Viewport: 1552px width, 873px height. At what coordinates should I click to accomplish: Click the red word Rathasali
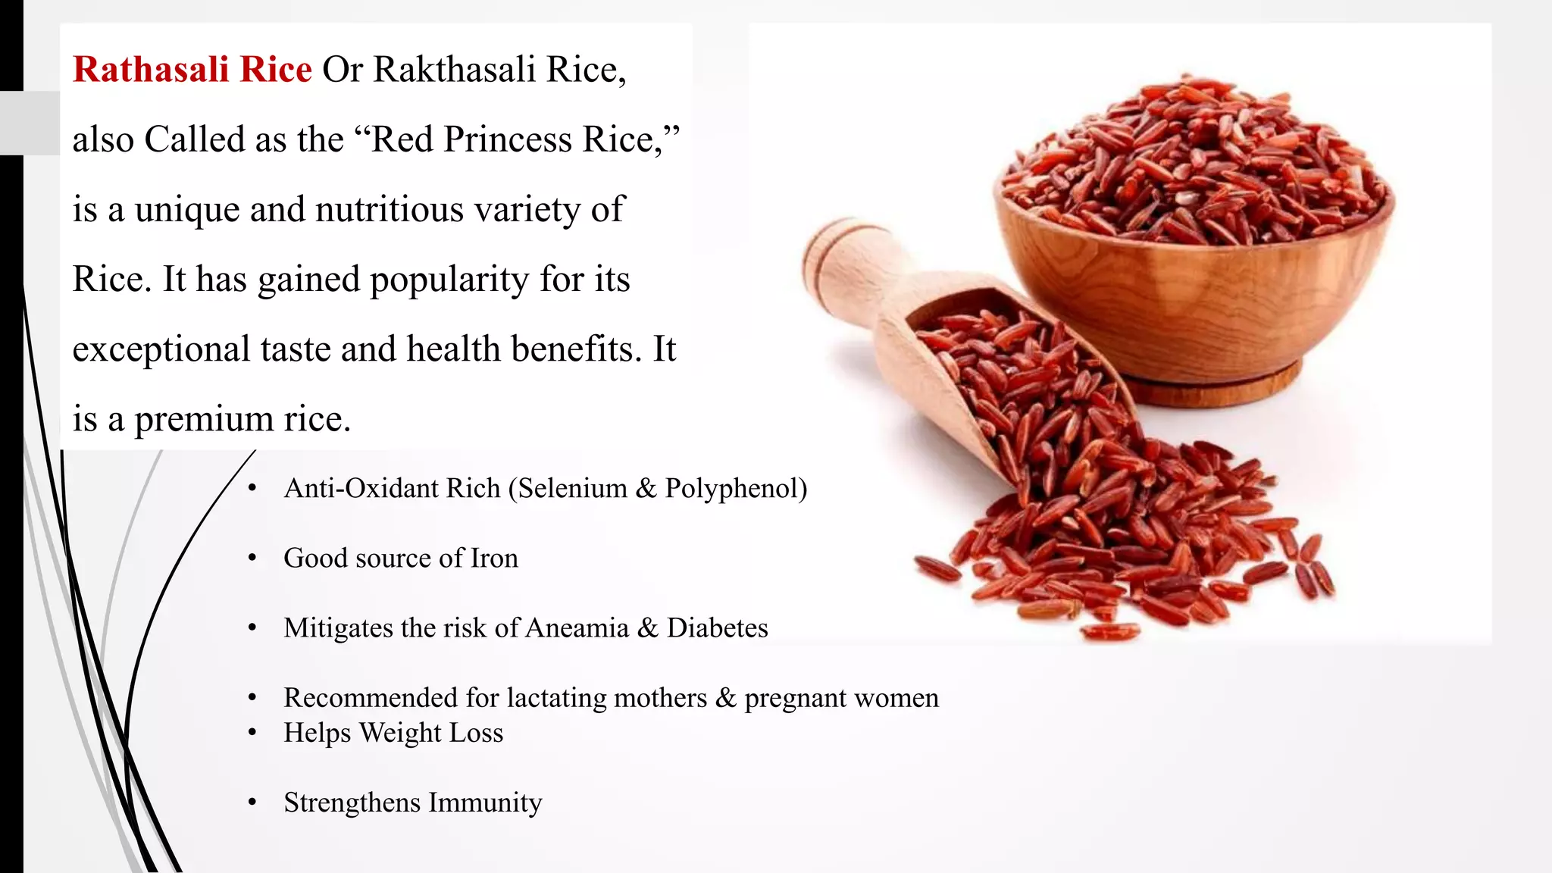point(151,70)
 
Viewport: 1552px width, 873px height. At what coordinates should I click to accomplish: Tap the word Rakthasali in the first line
point(455,70)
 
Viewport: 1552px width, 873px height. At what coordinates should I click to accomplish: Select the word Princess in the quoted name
point(507,139)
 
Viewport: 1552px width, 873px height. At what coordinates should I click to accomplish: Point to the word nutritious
point(389,210)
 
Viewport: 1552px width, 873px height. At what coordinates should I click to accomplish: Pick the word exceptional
point(161,349)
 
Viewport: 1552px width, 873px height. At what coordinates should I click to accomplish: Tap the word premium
point(205,419)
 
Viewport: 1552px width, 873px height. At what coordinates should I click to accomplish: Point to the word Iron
point(494,559)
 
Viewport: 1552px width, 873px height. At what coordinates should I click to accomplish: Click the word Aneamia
point(577,628)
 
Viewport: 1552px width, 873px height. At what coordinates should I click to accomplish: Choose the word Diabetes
point(717,628)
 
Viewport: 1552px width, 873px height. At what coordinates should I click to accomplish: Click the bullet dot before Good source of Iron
point(253,559)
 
